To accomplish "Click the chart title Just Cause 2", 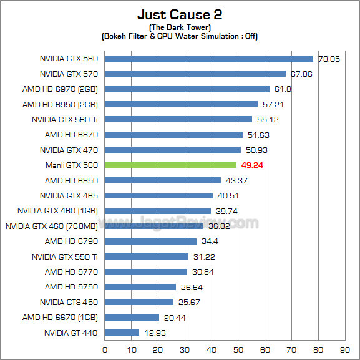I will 180,14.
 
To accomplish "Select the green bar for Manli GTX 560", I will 170,165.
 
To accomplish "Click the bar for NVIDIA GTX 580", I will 208,59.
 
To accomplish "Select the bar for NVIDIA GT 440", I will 122,333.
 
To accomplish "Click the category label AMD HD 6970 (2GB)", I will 64,89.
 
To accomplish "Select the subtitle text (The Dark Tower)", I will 180,28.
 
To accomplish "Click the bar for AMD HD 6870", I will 173,135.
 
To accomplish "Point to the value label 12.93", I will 154,333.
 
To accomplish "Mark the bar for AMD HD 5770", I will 146,271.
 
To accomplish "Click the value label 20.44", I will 174,318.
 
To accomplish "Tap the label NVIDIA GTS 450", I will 69,302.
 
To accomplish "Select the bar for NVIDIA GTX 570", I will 195,74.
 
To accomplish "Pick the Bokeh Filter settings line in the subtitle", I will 180,36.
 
